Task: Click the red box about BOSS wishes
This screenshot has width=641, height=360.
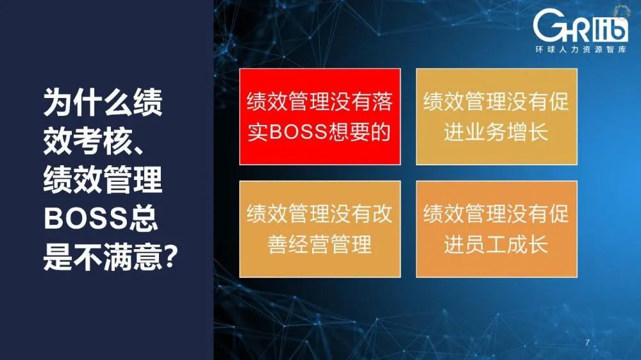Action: click(x=320, y=117)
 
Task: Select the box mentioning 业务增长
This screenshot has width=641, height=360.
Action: click(x=496, y=117)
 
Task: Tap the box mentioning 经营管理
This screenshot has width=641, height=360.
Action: click(x=320, y=229)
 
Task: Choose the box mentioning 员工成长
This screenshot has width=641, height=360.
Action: click(x=496, y=229)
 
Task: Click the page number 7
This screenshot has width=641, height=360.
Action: click(x=587, y=343)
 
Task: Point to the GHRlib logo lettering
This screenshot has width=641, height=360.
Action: click(x=581, y=26)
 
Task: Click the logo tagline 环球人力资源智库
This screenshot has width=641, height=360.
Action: click(x=581, y=49)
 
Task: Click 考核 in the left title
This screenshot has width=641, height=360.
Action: click(x=103, y=142)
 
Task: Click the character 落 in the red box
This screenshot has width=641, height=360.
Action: click(x=382, y=101)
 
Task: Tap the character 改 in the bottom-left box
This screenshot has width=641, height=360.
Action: click(x=382, y=214)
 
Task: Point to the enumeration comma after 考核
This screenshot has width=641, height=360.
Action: click(x=138, y=149)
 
